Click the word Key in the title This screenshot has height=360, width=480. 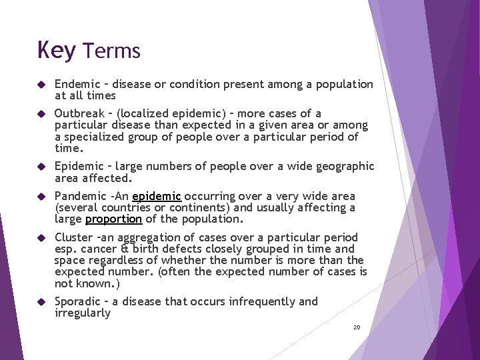56,51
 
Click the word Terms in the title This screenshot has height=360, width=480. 112,51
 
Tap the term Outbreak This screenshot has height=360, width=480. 79,113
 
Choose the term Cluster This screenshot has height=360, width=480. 73,237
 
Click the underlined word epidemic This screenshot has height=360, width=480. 157,196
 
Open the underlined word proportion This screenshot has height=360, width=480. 113,219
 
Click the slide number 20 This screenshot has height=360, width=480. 357,327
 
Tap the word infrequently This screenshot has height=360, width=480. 262,301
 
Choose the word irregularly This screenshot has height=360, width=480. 83,313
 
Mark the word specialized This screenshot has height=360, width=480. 93,137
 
